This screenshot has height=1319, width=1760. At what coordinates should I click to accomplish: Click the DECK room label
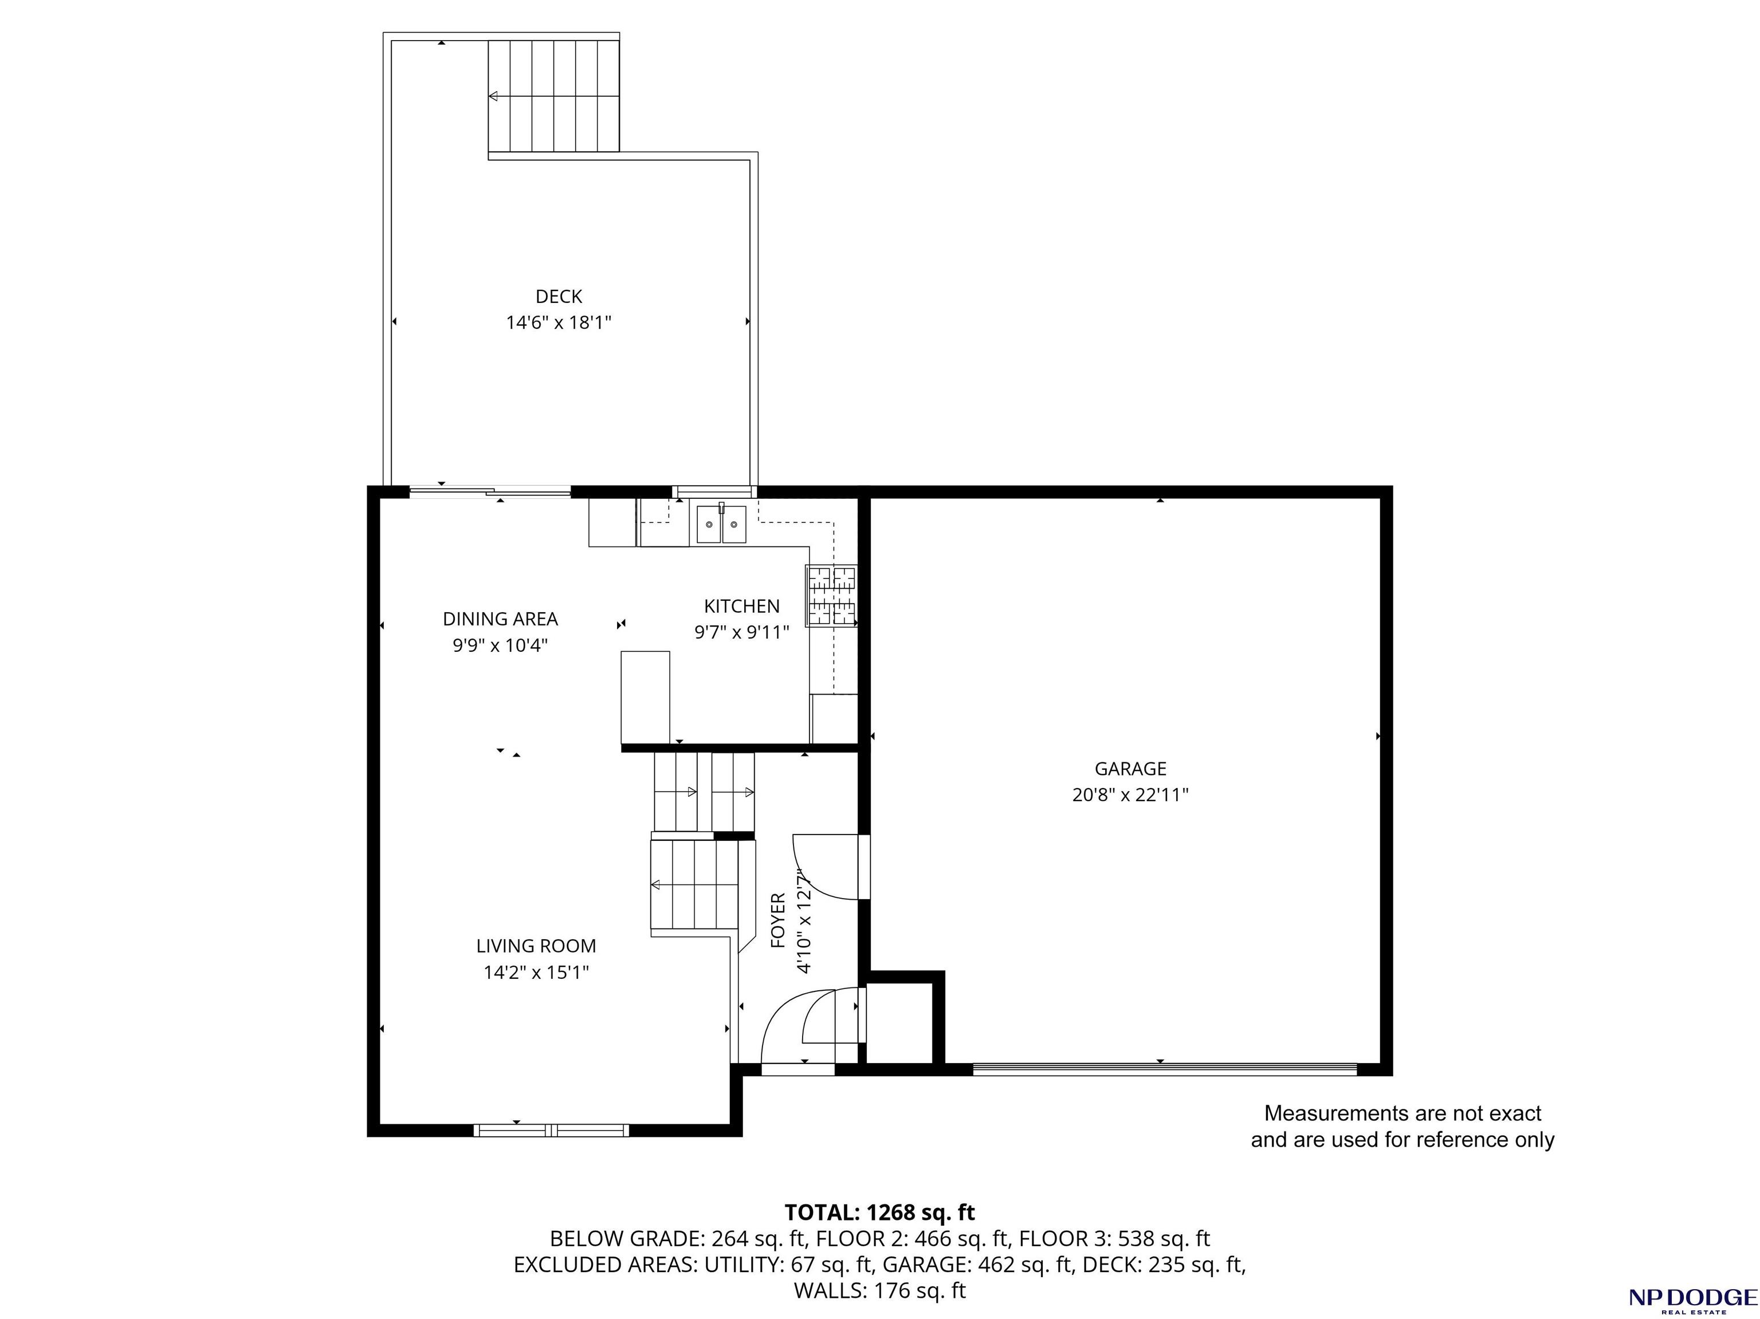pos(559,297)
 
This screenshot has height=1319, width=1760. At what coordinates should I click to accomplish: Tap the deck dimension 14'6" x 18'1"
pos(559,323)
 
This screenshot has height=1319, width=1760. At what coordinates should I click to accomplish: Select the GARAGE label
pos(1130,769)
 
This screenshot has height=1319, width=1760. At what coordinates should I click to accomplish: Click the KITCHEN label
pos(741,606)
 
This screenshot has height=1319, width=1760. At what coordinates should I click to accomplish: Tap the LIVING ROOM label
pos(536,946)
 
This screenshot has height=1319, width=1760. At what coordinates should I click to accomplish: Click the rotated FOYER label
pos(778,920)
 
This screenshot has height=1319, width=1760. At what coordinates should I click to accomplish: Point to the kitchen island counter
pos(645,698)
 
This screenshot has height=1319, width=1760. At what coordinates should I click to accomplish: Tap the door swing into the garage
pos(826,867)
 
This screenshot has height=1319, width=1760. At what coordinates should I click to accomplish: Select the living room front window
pos(551,1129)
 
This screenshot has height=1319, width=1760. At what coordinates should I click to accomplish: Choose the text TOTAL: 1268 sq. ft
pos(879,1212)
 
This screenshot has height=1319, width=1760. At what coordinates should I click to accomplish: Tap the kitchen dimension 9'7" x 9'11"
pos(741,632)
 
